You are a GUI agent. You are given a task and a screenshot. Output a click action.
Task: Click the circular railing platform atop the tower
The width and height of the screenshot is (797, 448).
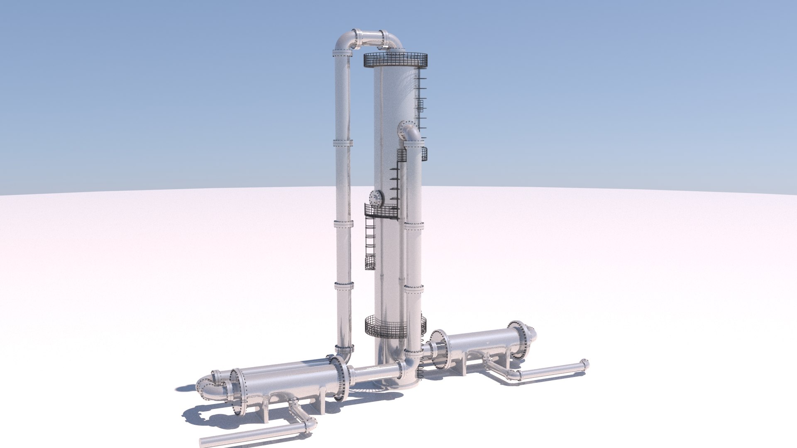(395, 61)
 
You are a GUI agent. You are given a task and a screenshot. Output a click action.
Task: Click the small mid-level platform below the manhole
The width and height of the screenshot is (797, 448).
(381, 212)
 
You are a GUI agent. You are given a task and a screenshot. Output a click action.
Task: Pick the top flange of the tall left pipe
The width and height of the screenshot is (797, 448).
(342, 54)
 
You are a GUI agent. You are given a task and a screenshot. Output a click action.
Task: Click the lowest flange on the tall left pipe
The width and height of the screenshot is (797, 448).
(344, 348)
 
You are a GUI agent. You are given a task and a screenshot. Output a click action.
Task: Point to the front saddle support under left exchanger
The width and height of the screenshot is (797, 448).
(264, 411)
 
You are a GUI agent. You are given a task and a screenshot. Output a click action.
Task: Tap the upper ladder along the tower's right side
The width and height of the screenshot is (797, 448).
(420, 100)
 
